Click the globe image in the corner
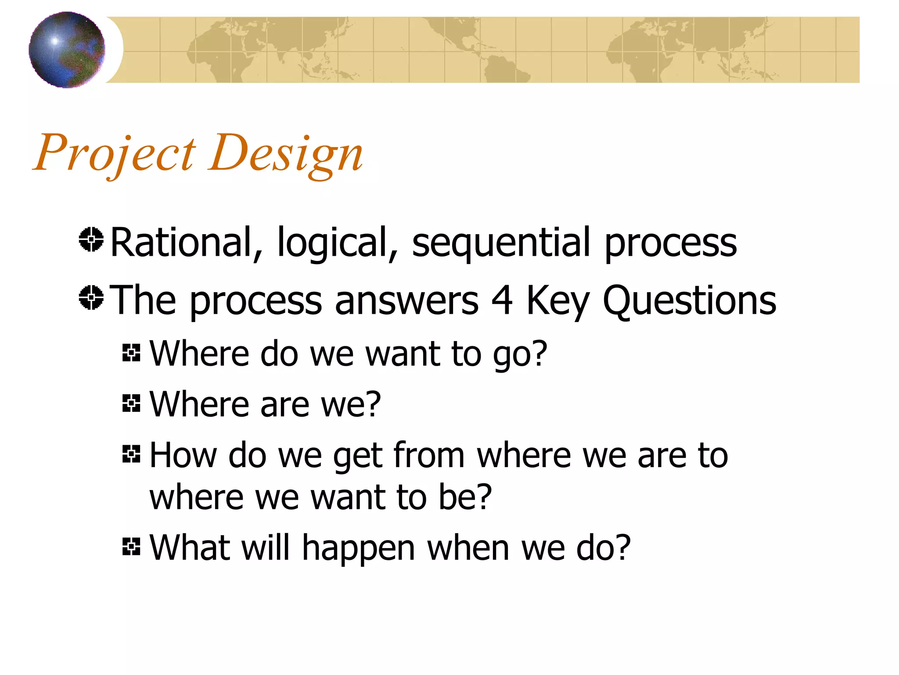(x=67, y=50)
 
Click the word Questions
(x=689, y=301)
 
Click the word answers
(x=406, y=301)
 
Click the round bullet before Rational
(x=91, y=240)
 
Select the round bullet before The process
(x=91, y=298)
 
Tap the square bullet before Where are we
(x=131, y=403)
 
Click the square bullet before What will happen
(x=131, y=547)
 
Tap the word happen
(x=359, y=549)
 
